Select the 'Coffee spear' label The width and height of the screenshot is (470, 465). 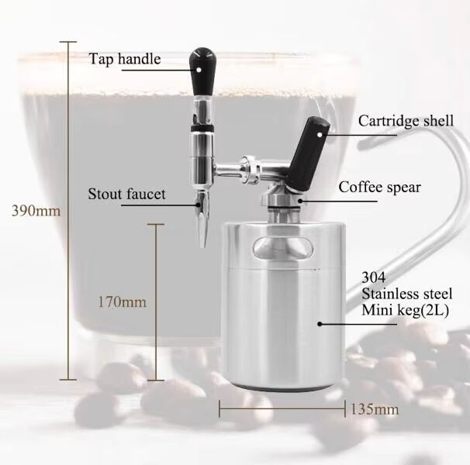pos(379,187)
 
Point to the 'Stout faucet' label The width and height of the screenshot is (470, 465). pos(126,194)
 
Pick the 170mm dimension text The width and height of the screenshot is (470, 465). pos(122,301)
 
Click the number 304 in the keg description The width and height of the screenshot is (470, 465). pos(374,277)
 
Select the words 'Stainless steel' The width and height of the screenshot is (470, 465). pos(404,294)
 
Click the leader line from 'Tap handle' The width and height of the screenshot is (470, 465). pos(178,59)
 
